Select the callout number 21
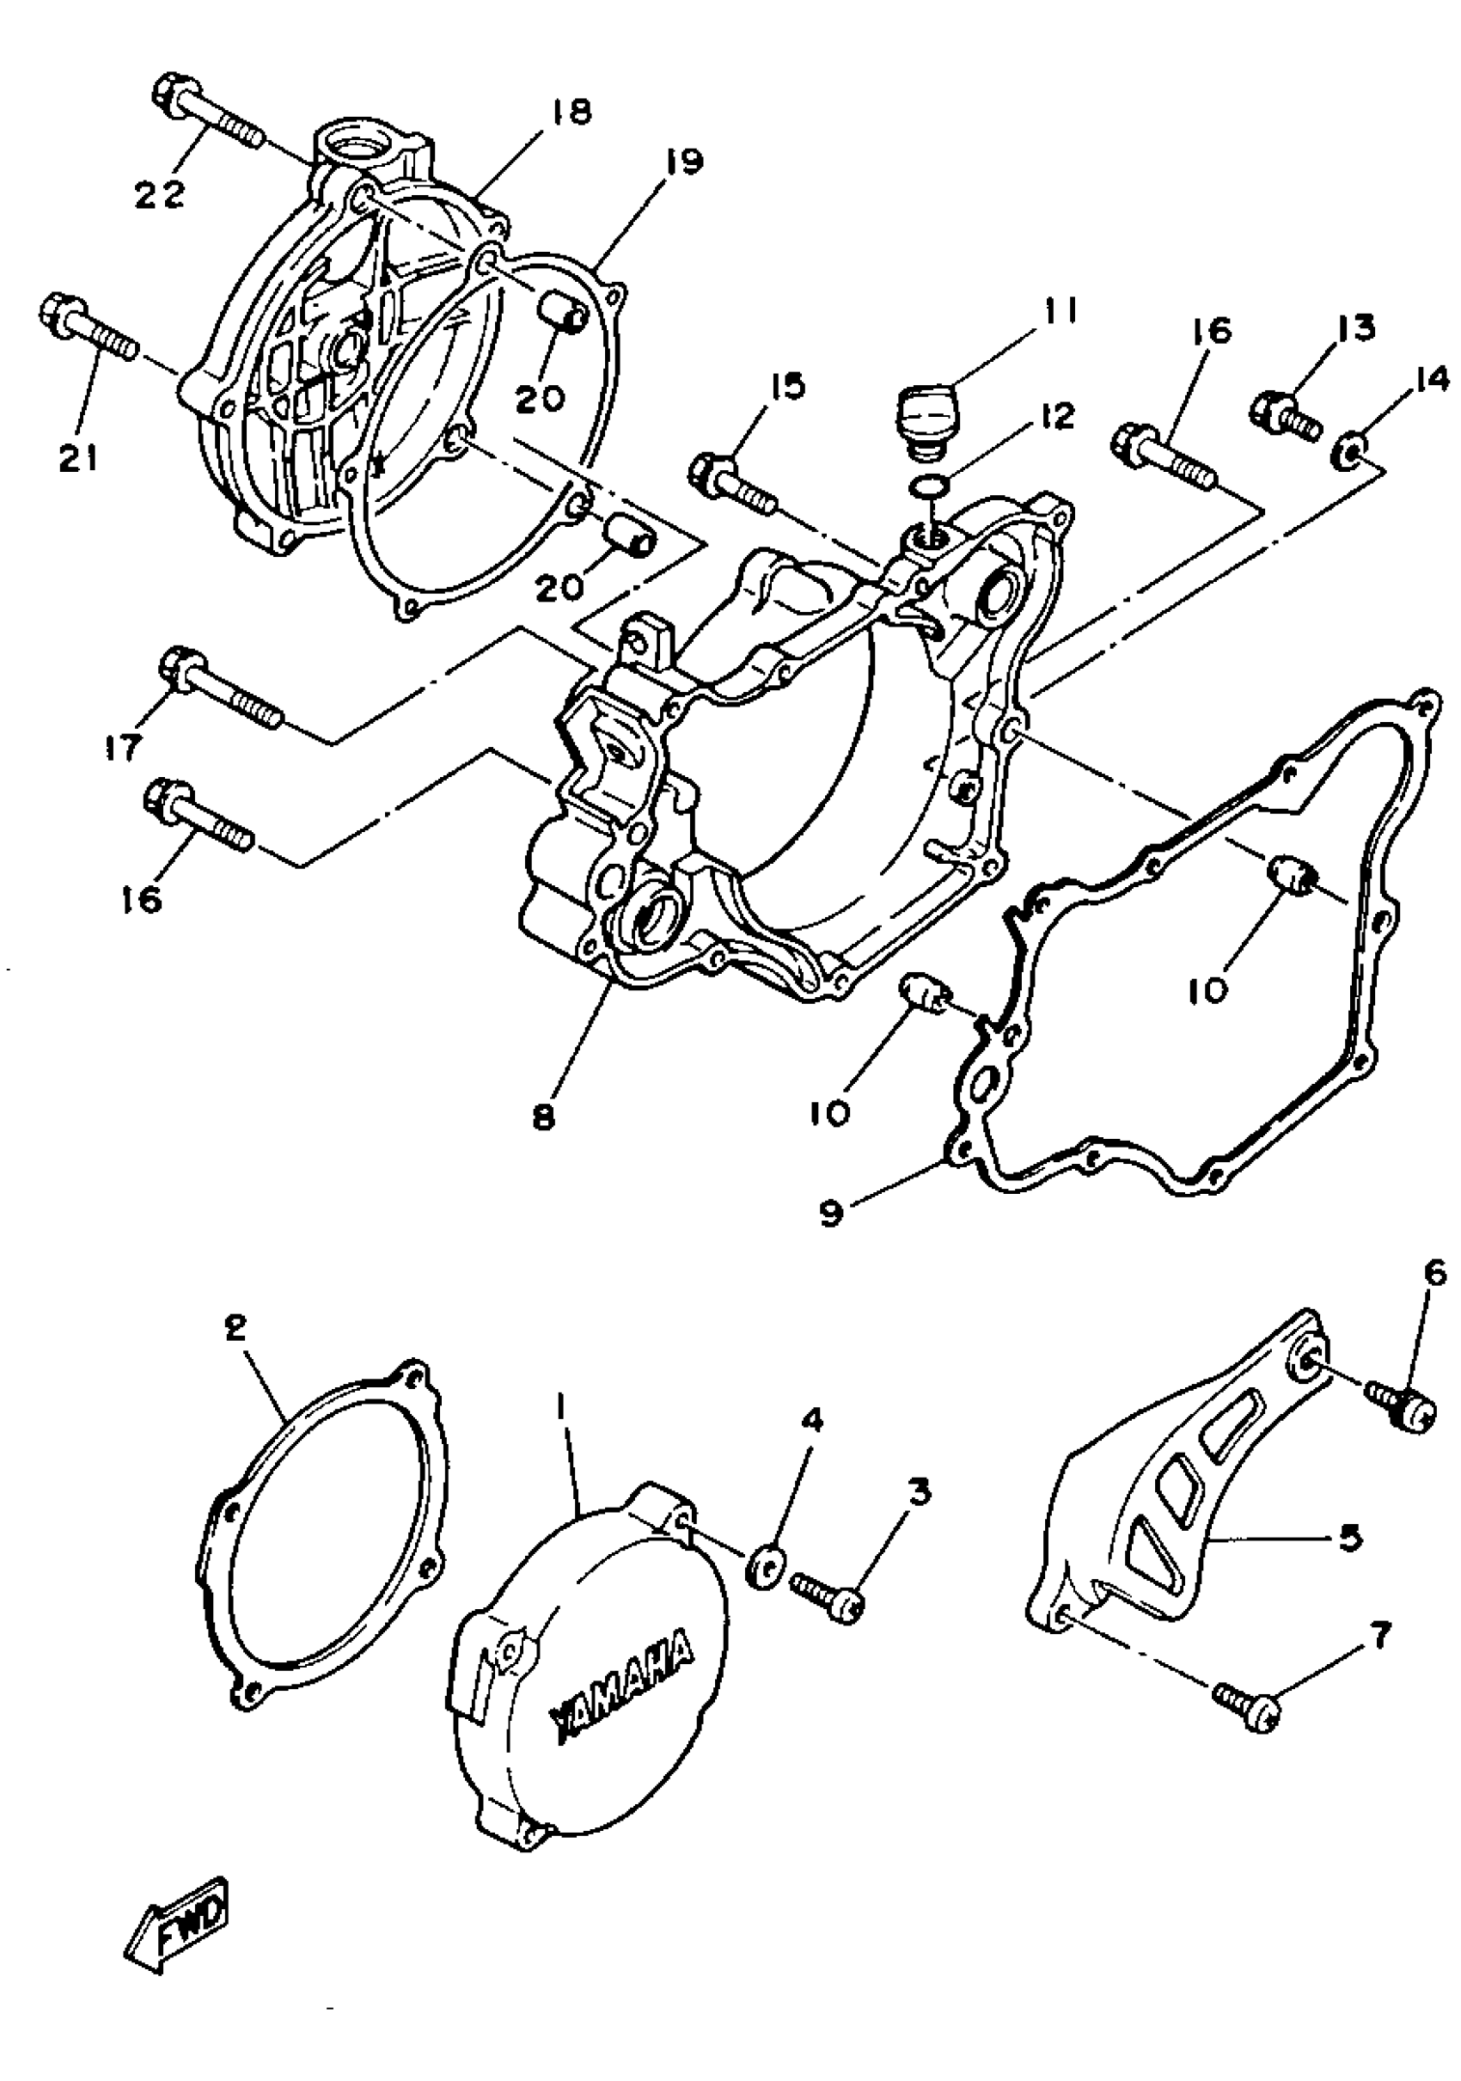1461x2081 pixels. coord(80,460)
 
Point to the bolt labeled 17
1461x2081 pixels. coord(222,690)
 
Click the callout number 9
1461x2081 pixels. coord(831,1213)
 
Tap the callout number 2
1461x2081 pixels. coord(234,1330)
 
